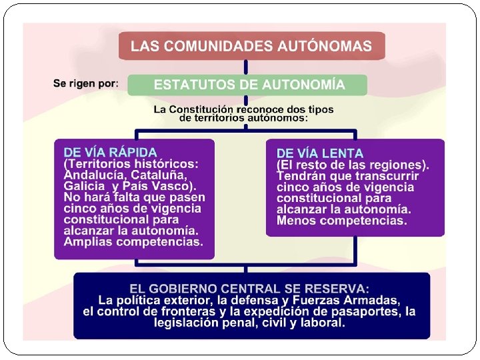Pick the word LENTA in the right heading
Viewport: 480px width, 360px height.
point(341,153)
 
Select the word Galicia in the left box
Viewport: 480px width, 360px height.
point(85,186)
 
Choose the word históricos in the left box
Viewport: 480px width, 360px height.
point(165,164)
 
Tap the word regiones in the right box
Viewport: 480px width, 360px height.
point(397,165)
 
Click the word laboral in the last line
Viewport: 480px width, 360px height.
point(322,323)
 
